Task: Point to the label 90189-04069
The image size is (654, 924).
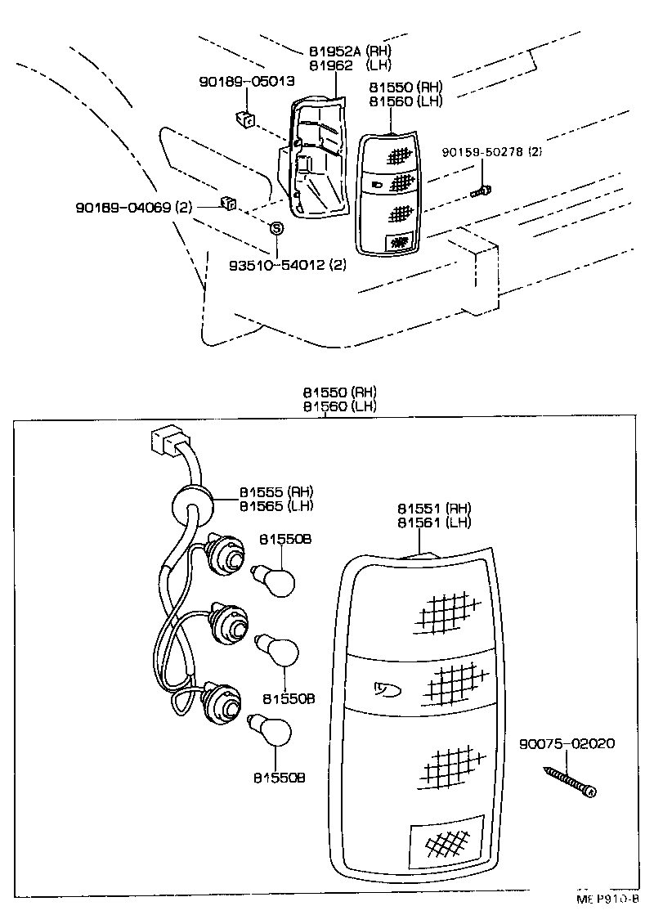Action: click(x=132, y=208)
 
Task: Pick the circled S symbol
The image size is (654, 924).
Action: click(x=276, y=228)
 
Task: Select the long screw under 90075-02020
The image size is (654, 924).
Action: click(x=568, y=781)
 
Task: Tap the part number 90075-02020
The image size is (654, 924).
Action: click(x=567, y=744)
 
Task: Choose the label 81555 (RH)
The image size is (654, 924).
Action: click(x=276, y=491)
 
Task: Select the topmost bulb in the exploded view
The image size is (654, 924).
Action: click(x=275, y=580)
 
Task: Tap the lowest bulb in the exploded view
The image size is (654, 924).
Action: click(x=274, y=729)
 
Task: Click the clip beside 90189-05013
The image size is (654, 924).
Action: click(x=243, y=119)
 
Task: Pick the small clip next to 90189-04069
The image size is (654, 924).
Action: click(x=228, y=203)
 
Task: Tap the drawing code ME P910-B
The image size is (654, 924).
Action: click(x=607, y=898)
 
